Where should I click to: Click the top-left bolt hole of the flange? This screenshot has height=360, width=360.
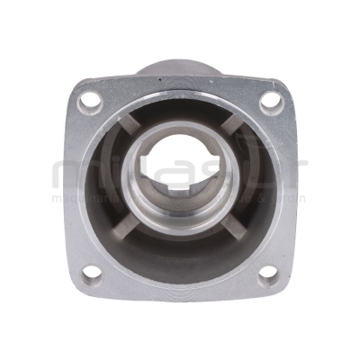point(90,102)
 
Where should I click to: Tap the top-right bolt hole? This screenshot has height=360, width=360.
point(272,102)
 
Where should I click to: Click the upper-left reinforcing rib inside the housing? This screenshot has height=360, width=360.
point(129,128)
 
